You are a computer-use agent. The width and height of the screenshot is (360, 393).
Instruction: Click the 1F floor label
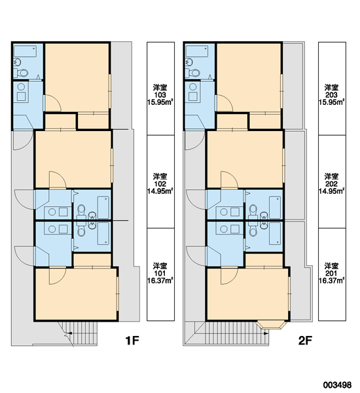coord(132,341)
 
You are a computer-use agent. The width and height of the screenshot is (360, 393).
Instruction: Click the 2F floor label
coord(305,341)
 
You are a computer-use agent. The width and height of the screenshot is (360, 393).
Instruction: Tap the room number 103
coord(160,95)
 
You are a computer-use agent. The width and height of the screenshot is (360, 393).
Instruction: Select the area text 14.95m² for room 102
coord(160,191)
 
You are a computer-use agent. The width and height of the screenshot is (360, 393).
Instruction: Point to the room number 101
coord(160,273)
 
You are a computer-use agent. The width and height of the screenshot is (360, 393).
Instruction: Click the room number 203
coord(331,95)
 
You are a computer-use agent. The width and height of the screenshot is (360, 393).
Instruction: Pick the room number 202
coord(331,184)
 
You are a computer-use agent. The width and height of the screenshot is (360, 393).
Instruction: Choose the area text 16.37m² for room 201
coord(331,280)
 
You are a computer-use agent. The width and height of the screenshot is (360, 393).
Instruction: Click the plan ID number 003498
coord(337,384)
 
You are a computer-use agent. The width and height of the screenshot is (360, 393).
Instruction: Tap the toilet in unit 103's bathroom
coord(21,73)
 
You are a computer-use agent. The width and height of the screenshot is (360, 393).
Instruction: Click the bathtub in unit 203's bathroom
coord(196,51)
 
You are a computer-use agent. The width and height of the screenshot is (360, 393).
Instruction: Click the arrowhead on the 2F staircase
coord(266,333)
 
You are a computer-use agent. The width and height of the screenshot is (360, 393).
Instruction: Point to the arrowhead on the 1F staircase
coord(70,333)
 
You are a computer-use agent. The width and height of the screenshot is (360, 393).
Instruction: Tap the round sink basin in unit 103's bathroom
coord(18,62)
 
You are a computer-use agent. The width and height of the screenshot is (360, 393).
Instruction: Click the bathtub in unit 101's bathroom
coord(103,234)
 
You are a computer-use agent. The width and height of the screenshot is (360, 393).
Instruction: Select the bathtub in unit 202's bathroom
coord(275,208)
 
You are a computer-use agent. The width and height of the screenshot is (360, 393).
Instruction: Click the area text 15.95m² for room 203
coord(331,102)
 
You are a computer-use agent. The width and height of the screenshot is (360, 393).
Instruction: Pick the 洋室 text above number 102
coord(160,176)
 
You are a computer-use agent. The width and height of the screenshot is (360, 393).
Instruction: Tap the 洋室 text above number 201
coord(331,266)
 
